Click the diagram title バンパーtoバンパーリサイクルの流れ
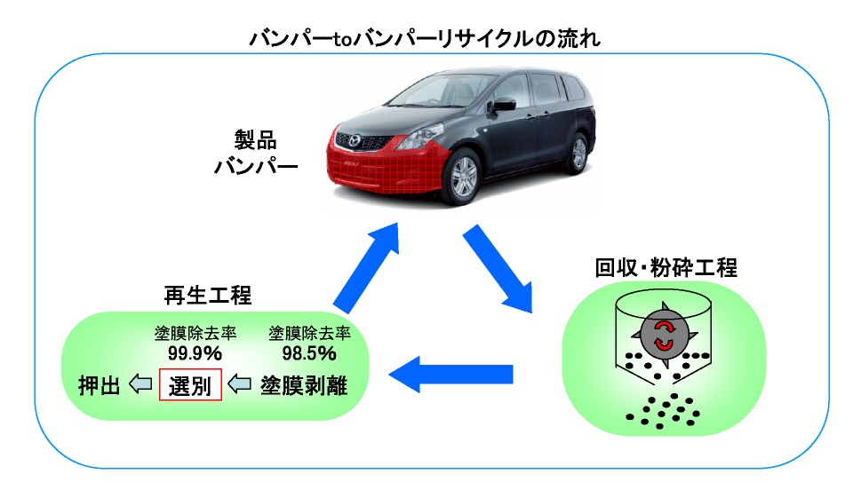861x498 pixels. (430, 39)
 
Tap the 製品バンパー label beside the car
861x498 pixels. (255, 153)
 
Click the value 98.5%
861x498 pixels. (309, 353)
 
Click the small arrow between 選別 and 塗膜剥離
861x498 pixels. (241, 384)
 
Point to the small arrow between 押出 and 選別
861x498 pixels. (140, 384)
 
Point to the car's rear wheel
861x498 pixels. (578, 152)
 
